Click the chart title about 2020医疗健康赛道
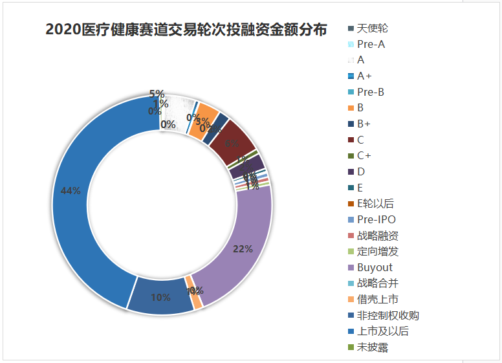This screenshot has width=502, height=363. (186, 30)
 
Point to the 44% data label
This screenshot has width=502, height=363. (71, 191)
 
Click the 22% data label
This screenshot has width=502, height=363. (243, 249)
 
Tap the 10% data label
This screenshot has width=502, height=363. (161, 298)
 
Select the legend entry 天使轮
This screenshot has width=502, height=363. (372, 28)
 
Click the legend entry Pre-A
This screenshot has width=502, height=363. (371, 45)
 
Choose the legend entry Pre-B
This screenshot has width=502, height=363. (370, 92)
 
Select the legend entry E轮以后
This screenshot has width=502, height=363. (375, 203)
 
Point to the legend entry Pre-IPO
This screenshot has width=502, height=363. (376, 219)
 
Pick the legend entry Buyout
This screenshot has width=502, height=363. (375, 267)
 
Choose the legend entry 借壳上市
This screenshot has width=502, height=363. (378, 299)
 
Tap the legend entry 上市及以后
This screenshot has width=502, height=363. (382, 331)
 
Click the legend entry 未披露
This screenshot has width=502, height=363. (372, 347)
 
